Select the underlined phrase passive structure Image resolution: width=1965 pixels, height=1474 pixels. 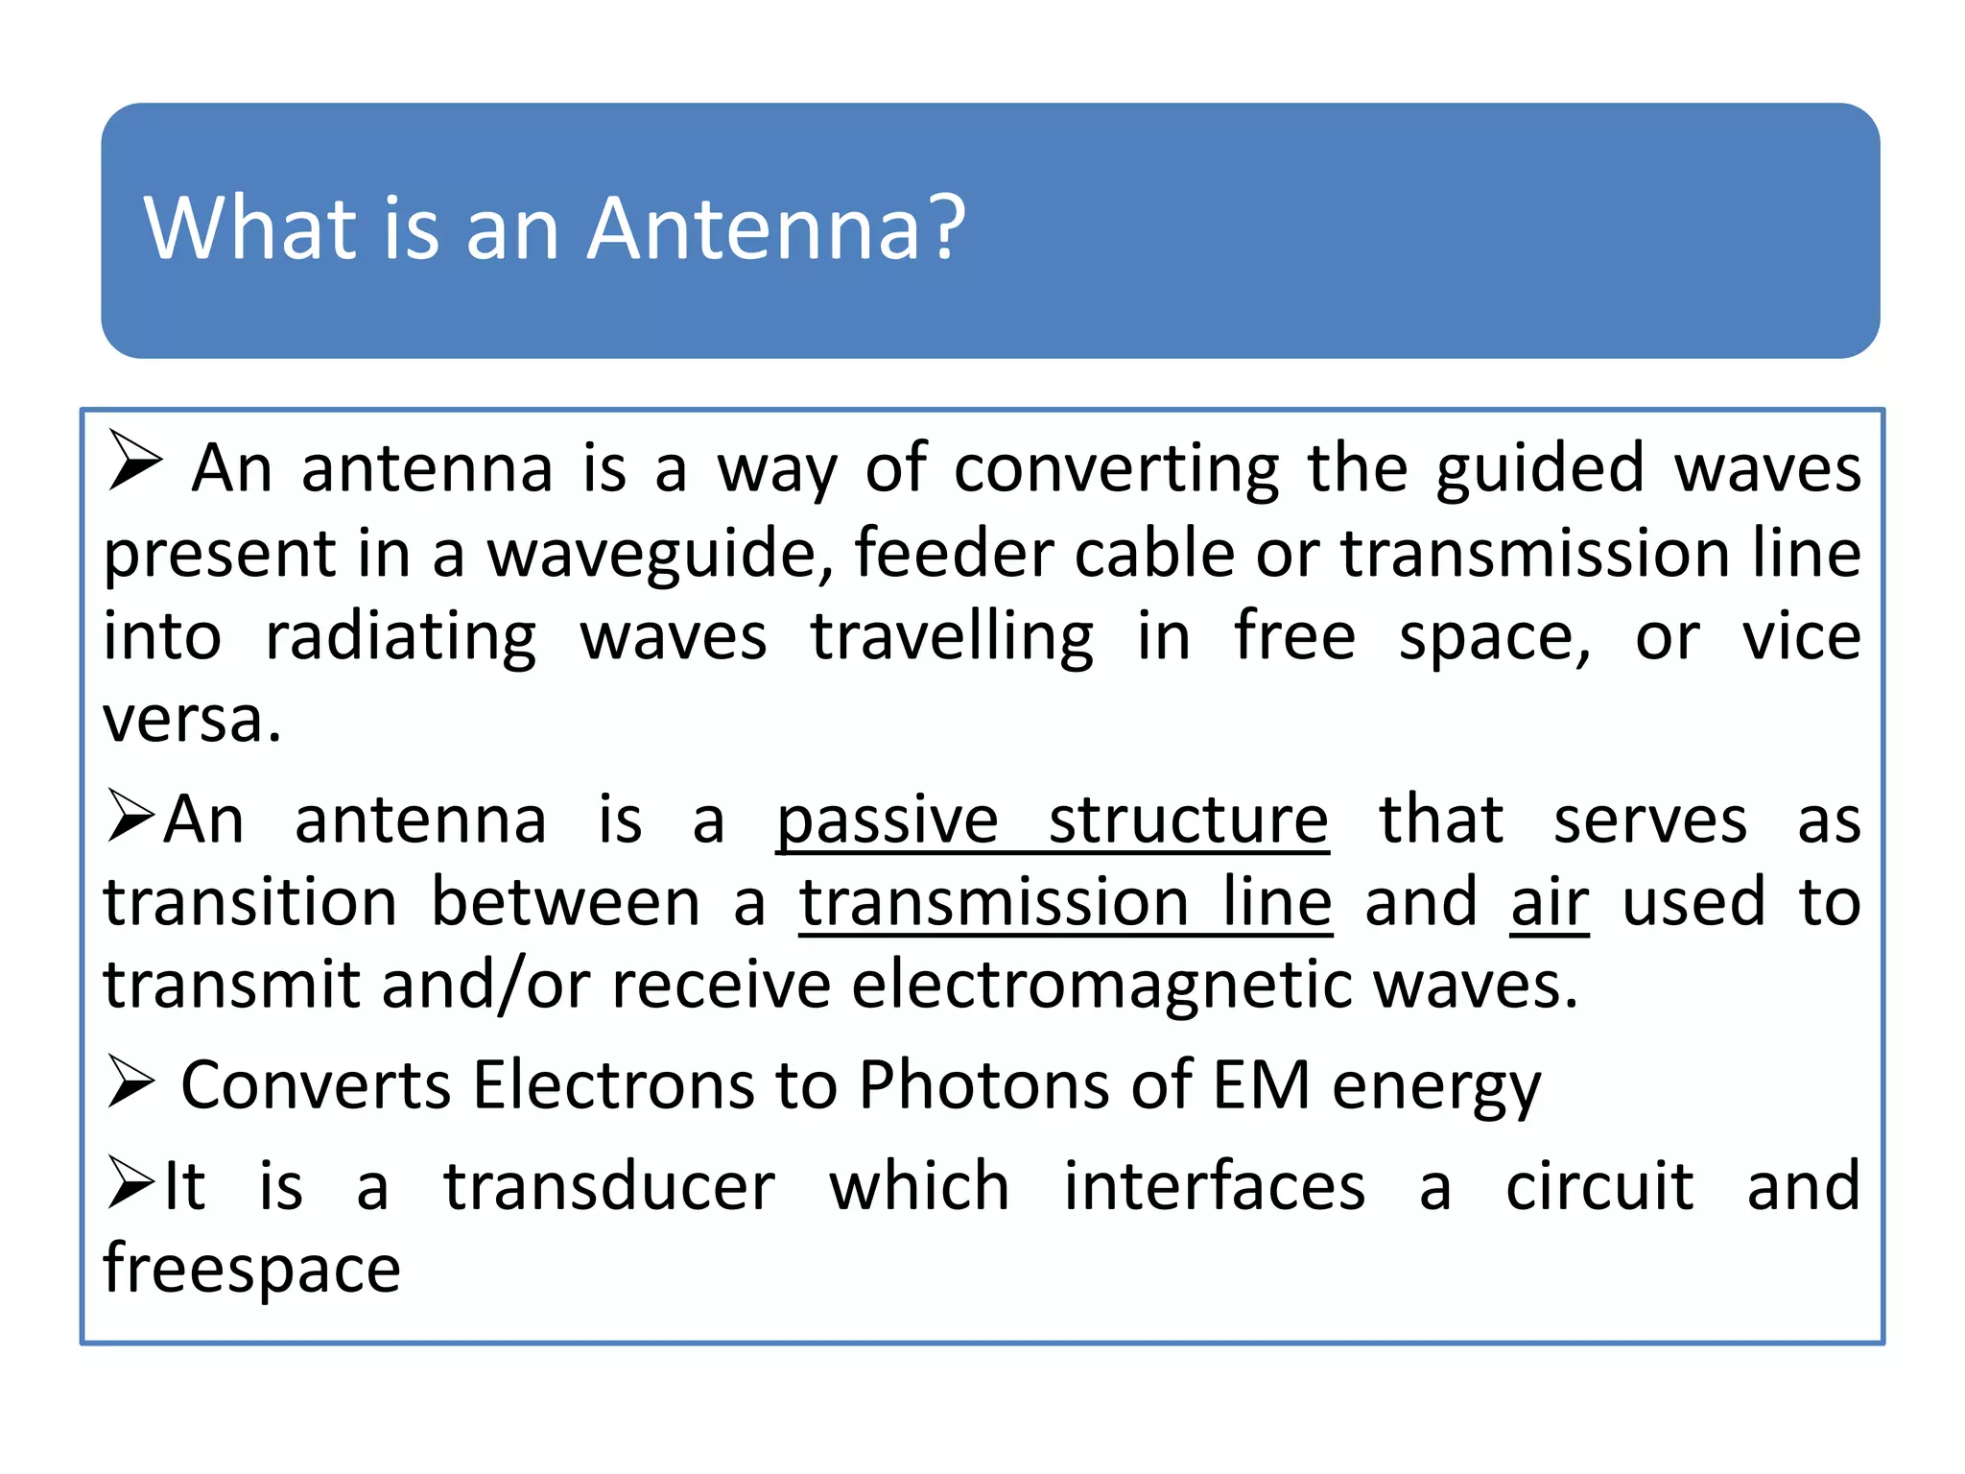point(1053,821)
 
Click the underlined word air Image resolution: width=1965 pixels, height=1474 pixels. point(1549,904)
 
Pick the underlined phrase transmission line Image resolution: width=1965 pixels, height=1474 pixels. point(1065,904)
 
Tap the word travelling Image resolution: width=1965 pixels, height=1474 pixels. point(952,639)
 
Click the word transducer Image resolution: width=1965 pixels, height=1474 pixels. point(609,1188)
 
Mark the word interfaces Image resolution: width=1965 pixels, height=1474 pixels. point(1214,1188)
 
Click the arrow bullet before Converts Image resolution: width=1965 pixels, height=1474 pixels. point(130,1082)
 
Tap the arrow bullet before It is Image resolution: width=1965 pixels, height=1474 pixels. point(130,1182)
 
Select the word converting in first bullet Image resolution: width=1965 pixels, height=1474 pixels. point(1116,470)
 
